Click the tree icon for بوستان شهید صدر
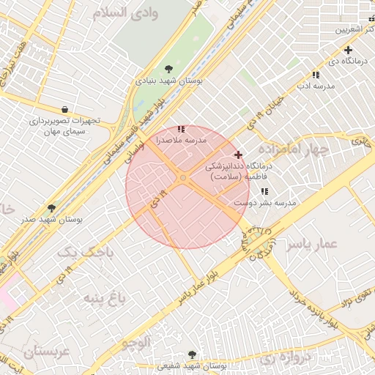51,208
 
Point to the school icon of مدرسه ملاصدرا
182,129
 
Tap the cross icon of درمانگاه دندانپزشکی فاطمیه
238,155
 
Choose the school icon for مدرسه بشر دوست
264,192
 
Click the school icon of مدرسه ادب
316,75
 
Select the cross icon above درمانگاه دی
348,50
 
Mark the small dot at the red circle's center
183,179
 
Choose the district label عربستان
29,352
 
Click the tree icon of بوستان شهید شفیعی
193,354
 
